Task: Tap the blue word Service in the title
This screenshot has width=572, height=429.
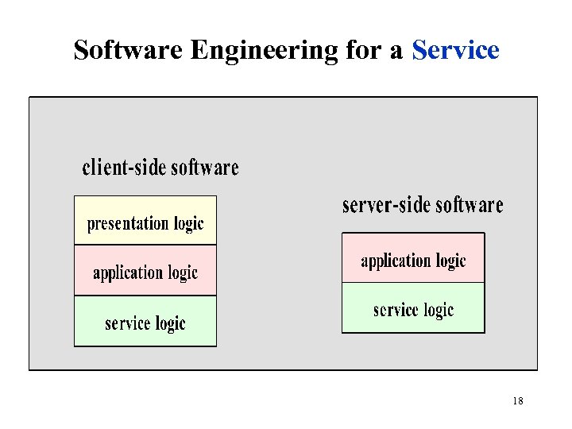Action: tap(455, 50)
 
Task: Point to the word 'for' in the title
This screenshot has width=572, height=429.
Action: tap(362, 50)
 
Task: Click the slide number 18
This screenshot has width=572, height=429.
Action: tap(517, 401)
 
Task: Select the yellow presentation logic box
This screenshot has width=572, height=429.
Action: tap(145, 220)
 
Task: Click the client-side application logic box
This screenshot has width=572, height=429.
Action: tap(145, 271)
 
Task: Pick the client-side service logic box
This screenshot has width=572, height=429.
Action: tap(145, 321)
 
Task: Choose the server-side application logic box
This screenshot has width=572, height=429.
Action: tap(413, 258)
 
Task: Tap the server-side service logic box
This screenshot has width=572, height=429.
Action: tap(413, 307)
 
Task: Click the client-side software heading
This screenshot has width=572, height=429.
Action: tap(160, 168)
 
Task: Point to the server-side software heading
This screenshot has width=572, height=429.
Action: tap(423, 205)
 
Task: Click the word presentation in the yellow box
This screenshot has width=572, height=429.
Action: tap(127, 224)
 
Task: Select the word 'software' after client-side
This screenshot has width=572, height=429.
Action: tap(205, 168)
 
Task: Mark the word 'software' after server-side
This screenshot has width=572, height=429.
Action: tap(470, 205)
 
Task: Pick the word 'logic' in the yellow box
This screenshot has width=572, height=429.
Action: tap(188, 224)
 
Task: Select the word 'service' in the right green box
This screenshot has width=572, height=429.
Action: tap(396, 309)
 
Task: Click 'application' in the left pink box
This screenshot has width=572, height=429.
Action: tap(127, 273)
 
